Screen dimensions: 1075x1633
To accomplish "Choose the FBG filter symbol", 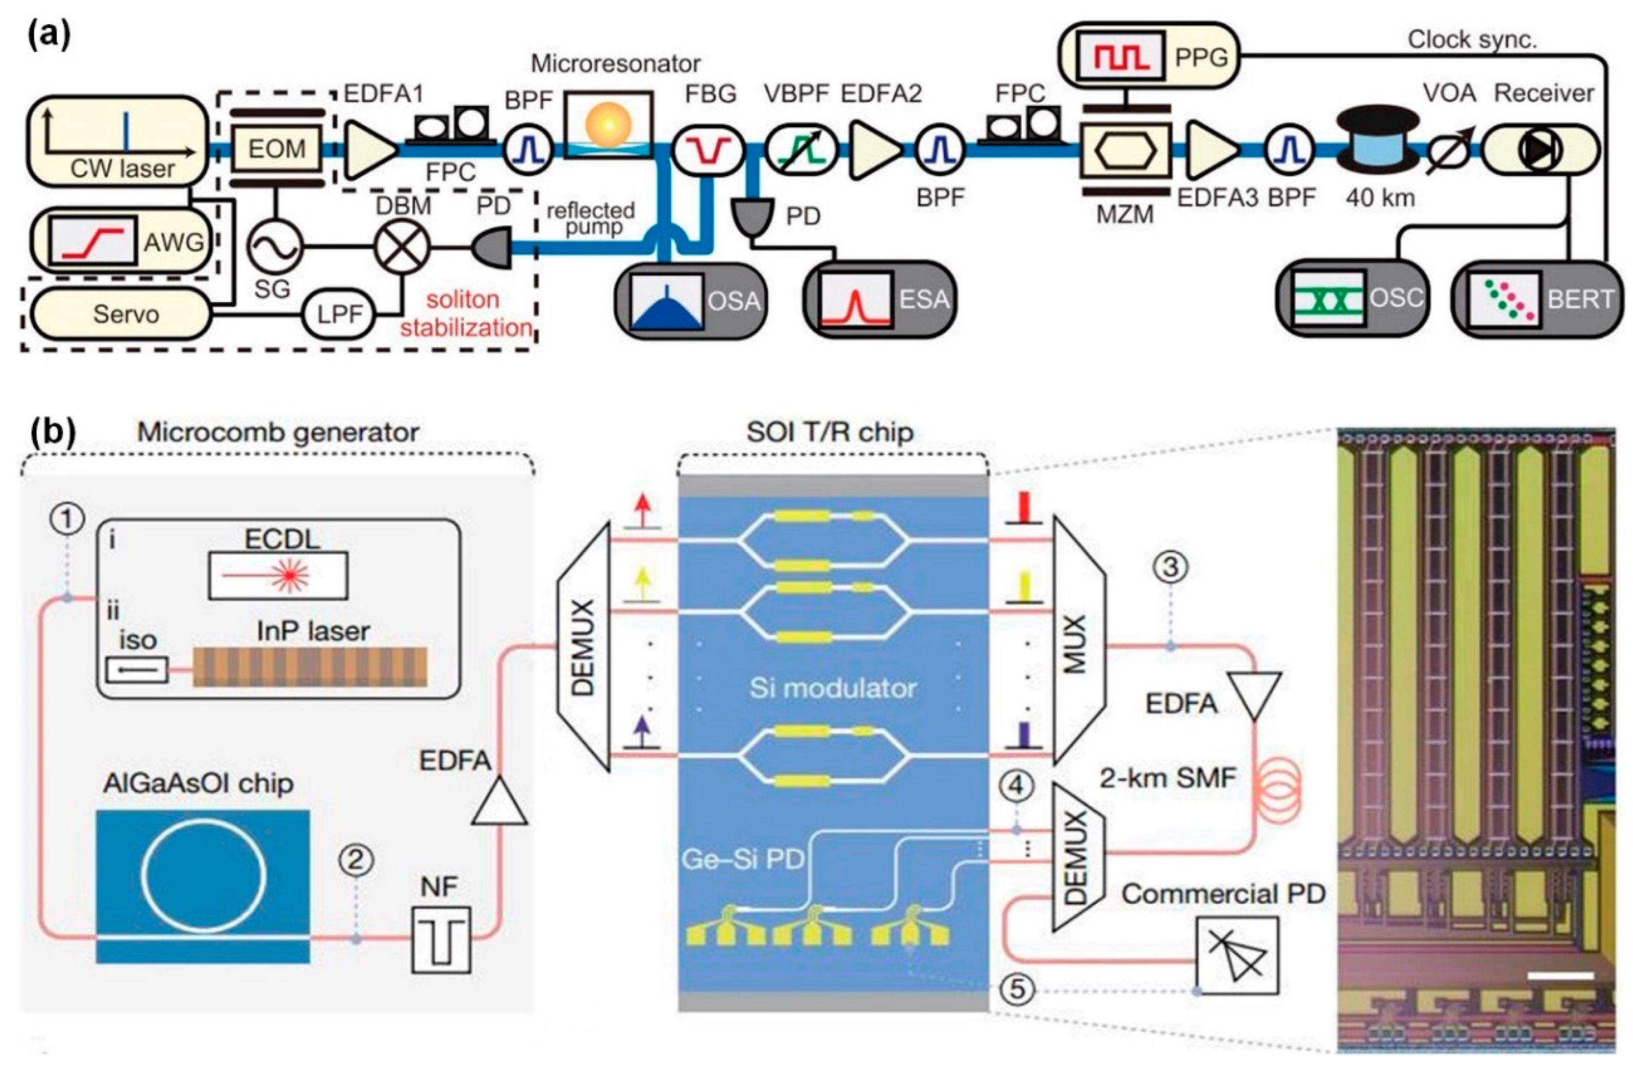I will [708, 149].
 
